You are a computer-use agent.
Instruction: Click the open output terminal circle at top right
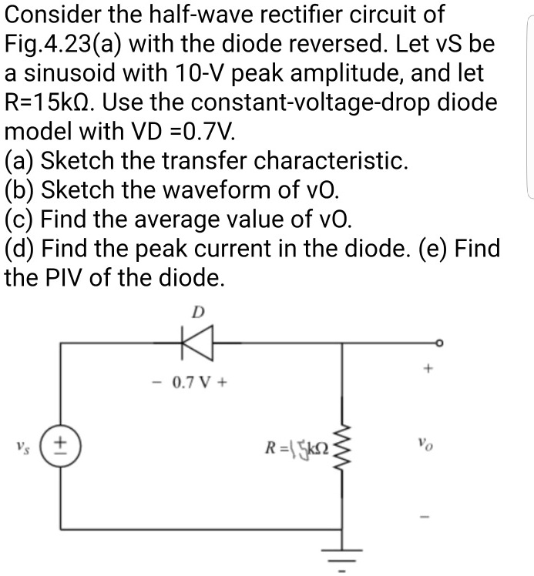(440, 343)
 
